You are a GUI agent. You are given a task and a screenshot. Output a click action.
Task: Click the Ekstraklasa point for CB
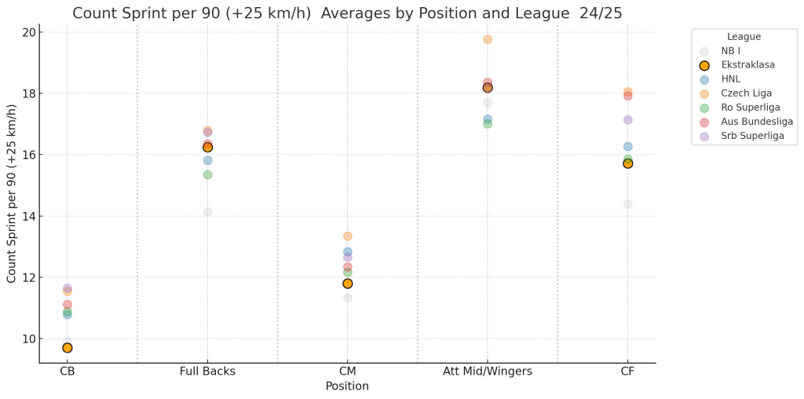click(68, 348)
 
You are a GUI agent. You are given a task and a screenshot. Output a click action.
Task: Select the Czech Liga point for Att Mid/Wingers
click(488, 39)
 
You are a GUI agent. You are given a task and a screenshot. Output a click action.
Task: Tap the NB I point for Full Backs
click(207, 212)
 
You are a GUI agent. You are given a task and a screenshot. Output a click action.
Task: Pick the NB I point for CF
click(627, 204)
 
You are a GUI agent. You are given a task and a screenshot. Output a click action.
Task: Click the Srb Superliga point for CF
click(627, 120)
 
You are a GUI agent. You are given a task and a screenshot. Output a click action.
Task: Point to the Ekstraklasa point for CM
click(347, 284)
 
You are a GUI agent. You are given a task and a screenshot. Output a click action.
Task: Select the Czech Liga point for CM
click(347, 236)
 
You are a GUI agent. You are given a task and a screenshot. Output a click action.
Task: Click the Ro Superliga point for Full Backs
click(207, 174)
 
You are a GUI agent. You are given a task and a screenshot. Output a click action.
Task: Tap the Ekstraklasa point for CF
click(627, 163)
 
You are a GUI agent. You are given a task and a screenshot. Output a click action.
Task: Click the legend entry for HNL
click(731, 79)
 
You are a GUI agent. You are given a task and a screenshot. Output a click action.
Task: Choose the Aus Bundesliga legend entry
click(757, 122)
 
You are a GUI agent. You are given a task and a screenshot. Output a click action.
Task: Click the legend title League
click(744, 37)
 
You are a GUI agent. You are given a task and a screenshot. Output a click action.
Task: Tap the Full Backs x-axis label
click(207, 372)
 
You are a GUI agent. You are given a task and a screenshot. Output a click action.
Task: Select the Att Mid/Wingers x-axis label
click(488, 372)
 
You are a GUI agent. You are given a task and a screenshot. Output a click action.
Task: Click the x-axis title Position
click(347, 386)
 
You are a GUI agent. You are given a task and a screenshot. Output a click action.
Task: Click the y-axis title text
click(12, 193)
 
